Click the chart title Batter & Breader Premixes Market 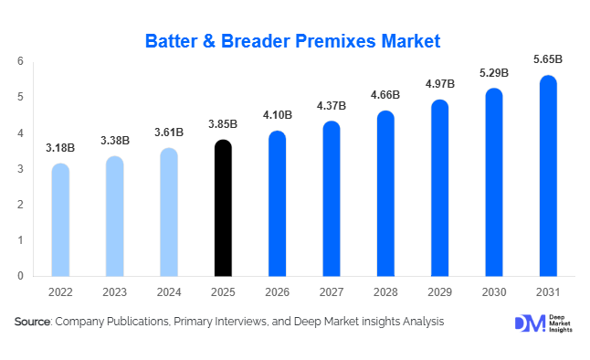(294, 40)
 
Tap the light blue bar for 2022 (60, 220)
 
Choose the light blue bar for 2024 (169, 212)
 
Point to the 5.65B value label (548, 59)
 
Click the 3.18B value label (60, 148)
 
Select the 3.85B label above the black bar (223, 123)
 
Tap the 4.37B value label (331, 105)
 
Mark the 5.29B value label (494, 72)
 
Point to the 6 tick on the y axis (20, 61)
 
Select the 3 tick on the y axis (20, 169)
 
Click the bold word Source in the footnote (32, 322)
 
